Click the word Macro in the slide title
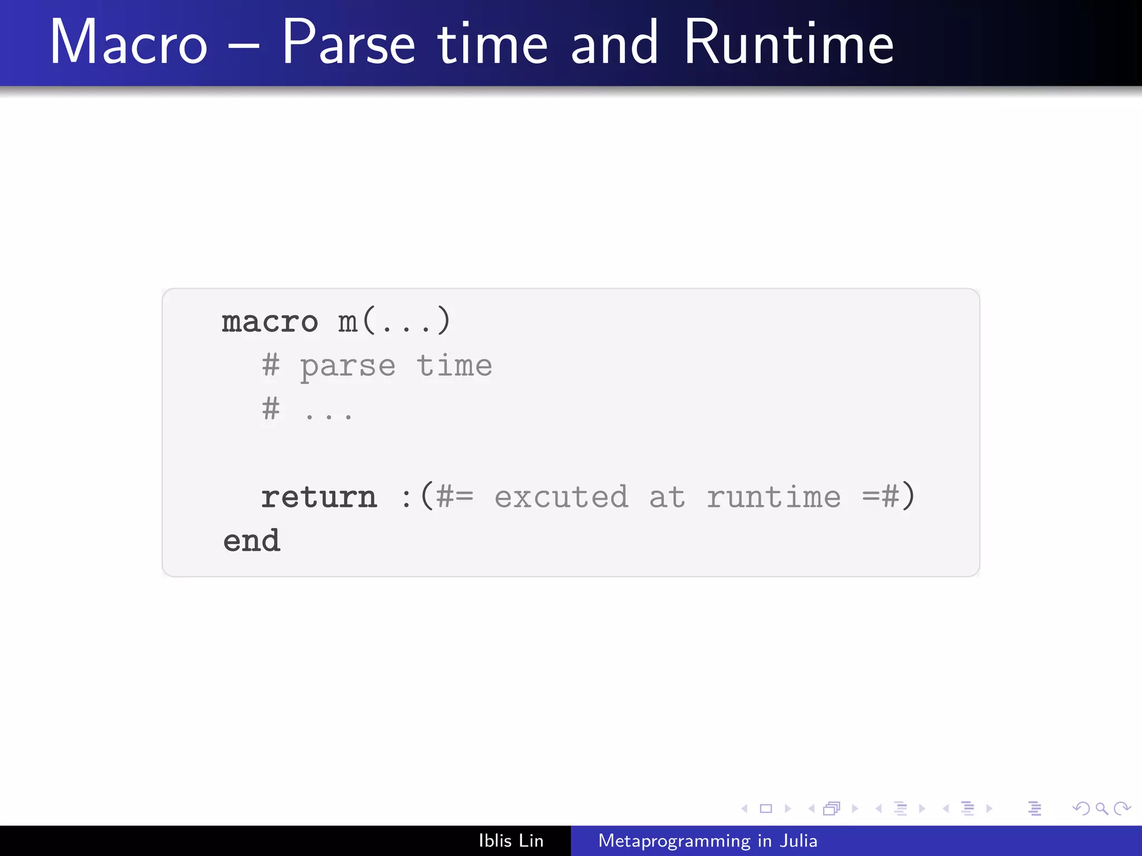[129, 43]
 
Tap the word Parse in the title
[349, 43]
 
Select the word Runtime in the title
[788, 43]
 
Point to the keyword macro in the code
[270, 322]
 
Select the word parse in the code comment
[348, 367]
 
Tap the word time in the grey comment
[454, 366]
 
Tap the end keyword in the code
[251, 541]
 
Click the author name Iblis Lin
[511, 840]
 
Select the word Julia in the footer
[799, 840]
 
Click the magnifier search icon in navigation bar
[1101, 808]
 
